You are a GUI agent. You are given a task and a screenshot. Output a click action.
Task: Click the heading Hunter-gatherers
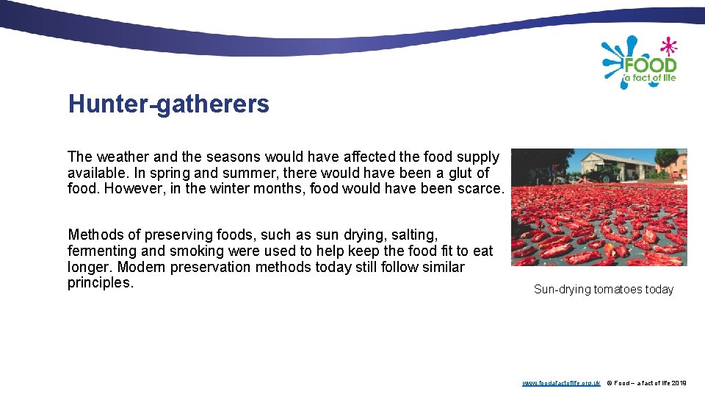pyautogui.click(x=168, y=104)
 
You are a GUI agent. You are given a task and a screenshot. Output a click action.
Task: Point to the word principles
pyautogui.click(x=101, y=283)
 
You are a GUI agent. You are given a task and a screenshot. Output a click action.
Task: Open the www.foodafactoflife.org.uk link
pyautogui.click(x=560, y=383)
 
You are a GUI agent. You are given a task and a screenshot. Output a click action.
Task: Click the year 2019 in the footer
pyautogui.click(x=679, y=383)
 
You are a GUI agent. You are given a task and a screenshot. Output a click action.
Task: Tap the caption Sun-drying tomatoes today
pyautogui.click(x=603, y=290)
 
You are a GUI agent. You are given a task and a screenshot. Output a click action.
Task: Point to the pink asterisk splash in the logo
pyautogui.click(x=668, y=46)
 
